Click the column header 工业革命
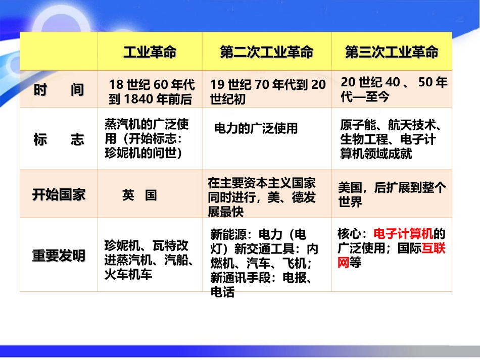pyautogui.click(x=150, y=53)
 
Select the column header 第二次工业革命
pyautogui.click(x=266, y=53)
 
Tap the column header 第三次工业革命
pyautogui.click(x=392, y=53)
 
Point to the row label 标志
pyautogui.click(x=59, y=140)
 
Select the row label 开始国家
pyautogui.click(x=59, y=195)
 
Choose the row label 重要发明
pyautogui.click(x=59, y=255)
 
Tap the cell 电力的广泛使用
pyautogui.click(x=256, y=128)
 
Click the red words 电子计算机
pyautogui.click(x=403, y=234)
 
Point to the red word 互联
pyautogui.click(x=434, y=248)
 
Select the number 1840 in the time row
pyautogui.click(x=134, y=99)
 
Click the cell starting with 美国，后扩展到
pyautogui.click(x=392, y=195)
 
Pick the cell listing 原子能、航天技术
pyautogui.click(x=392, y=139)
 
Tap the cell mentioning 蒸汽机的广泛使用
pyautogui.click(x=150, y=139)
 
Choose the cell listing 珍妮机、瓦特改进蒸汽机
pyautogui.click(x=150, y=260)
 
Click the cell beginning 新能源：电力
pyautogui.click(x=265, y=263)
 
